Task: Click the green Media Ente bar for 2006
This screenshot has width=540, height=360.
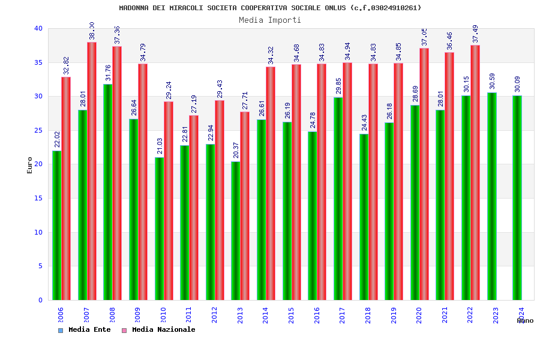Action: coord(56,225)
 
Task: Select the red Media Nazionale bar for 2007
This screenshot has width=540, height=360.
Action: coord(92,171)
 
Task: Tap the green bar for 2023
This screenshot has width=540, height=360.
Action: coord(492,196)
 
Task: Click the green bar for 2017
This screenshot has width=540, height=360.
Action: coord(338,199)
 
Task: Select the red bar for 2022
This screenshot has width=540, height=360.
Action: coord(475,172)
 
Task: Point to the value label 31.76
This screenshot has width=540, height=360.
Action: coord(108,73)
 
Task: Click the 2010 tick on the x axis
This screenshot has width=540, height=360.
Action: coord(163,315)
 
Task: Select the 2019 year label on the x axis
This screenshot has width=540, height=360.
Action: coord(394,315)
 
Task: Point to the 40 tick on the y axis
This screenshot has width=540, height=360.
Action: coord(38,29)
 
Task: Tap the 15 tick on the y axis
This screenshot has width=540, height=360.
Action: coord(38,199)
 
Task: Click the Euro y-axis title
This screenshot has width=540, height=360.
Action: coord(30,165)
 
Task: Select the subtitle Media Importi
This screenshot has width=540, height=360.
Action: coord(270,20)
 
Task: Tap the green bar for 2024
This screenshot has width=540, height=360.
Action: coord(517,197)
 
